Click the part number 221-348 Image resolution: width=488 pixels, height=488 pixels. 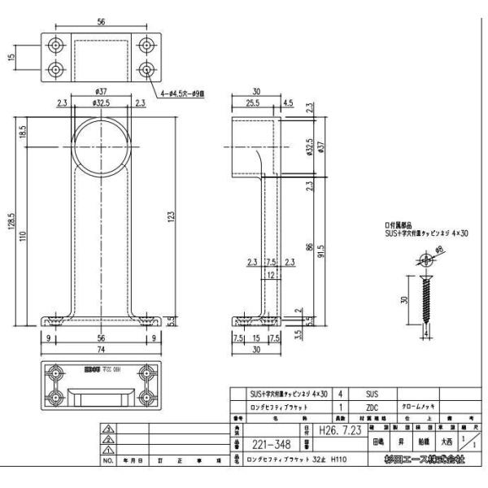click(x=268, y=446)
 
